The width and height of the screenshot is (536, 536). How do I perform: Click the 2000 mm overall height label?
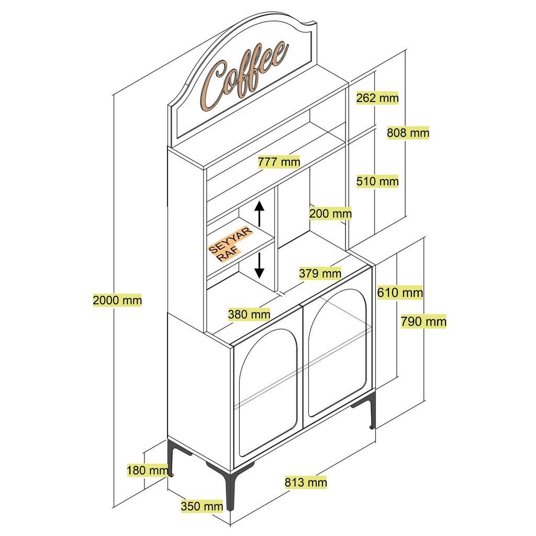tap(117, 300)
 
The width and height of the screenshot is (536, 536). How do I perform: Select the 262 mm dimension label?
tap(377, 98)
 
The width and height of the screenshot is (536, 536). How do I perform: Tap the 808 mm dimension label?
tap(408, 133)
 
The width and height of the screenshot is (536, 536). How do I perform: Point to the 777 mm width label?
tap(279, 162)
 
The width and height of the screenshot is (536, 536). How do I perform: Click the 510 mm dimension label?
tap(377, 182)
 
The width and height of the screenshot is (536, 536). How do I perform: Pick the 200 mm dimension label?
tap(330, 214)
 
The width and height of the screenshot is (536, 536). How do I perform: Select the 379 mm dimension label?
tap(320, 273)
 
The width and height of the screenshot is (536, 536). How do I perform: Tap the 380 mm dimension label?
tap(249, 315)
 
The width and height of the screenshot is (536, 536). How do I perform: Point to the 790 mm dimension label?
tap(423, 321)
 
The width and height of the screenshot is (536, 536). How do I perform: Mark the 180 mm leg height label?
tap(148, 470)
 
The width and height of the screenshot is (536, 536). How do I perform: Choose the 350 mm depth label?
tap(202, 506)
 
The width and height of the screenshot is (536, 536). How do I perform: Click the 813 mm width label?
tap(306, 482)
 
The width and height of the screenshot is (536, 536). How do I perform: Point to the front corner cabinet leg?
tap(229, 489)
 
